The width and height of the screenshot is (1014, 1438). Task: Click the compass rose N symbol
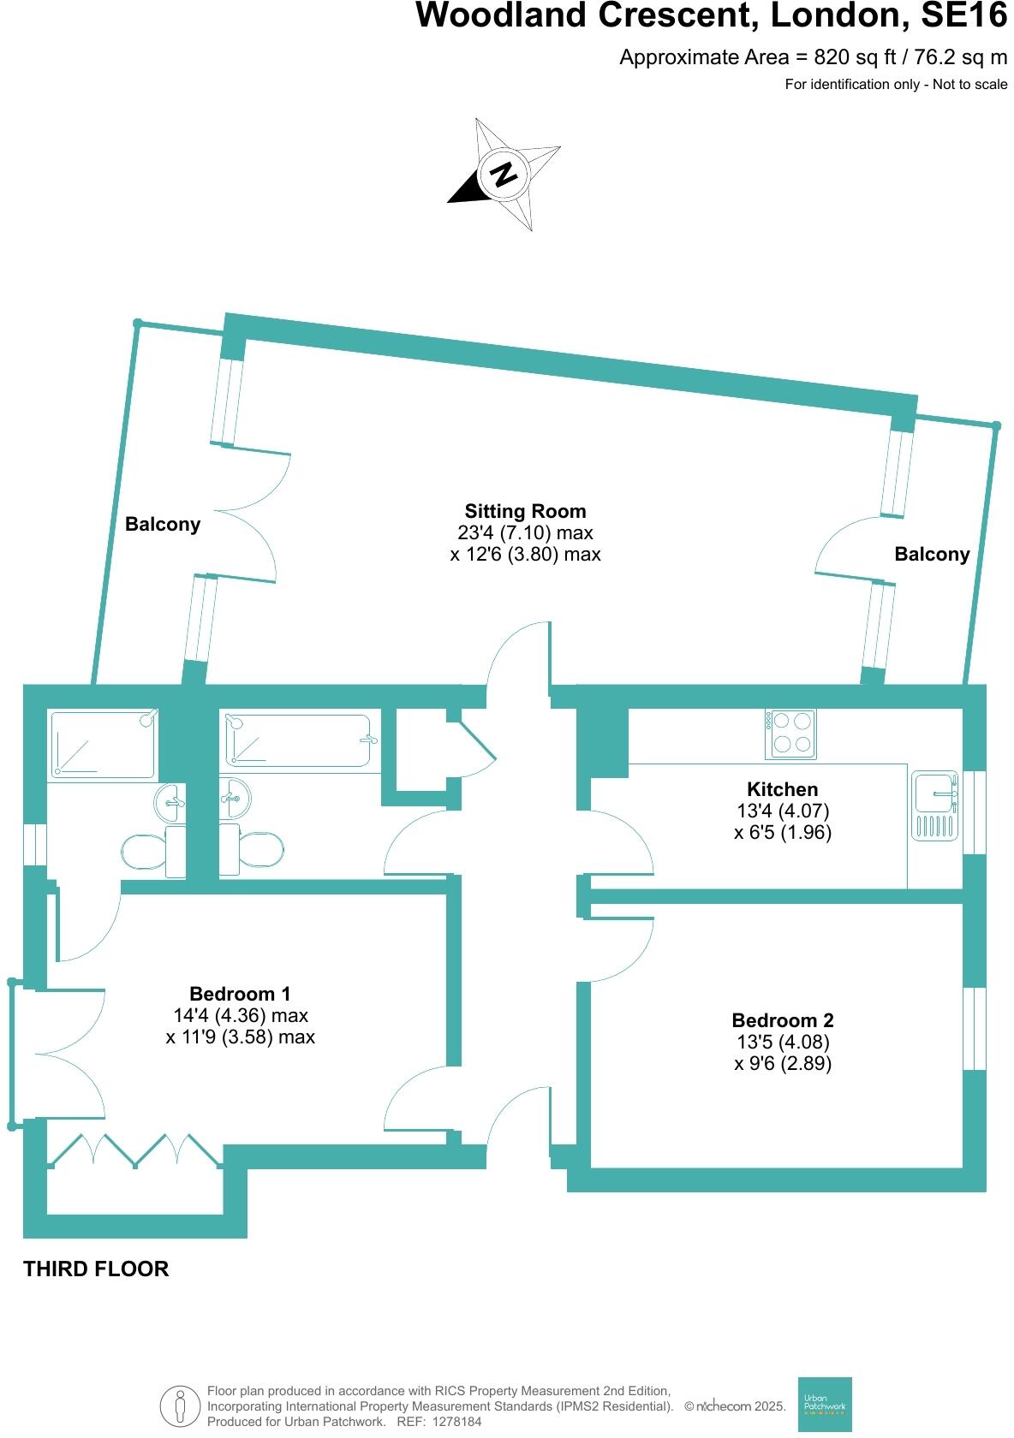[x=504, y=174]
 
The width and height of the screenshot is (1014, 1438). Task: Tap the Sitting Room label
[x=525, y=511]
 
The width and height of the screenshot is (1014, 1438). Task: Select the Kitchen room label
[x=782, y=789]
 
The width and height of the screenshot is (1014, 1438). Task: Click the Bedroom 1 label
[x=240, y=994]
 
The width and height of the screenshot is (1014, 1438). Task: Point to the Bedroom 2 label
[x=782, y=1020]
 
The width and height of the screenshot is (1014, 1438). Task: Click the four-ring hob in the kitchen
[x=790, y=734]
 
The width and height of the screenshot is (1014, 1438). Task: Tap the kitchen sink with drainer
[x=934, y=805]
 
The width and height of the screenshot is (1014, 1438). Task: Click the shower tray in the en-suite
[x=103, y=743]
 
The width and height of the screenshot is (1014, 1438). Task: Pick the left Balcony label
[x=163, y=524]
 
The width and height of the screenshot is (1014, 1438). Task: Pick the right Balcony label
[x=932, y=554]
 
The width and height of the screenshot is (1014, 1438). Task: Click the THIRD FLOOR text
[x=96, y=1269]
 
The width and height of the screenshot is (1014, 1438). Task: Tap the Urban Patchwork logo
[x=825, y=1404]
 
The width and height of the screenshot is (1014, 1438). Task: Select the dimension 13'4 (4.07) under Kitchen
[x=782, y=811]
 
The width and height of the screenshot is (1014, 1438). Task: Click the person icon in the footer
[x=179, y=1405]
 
